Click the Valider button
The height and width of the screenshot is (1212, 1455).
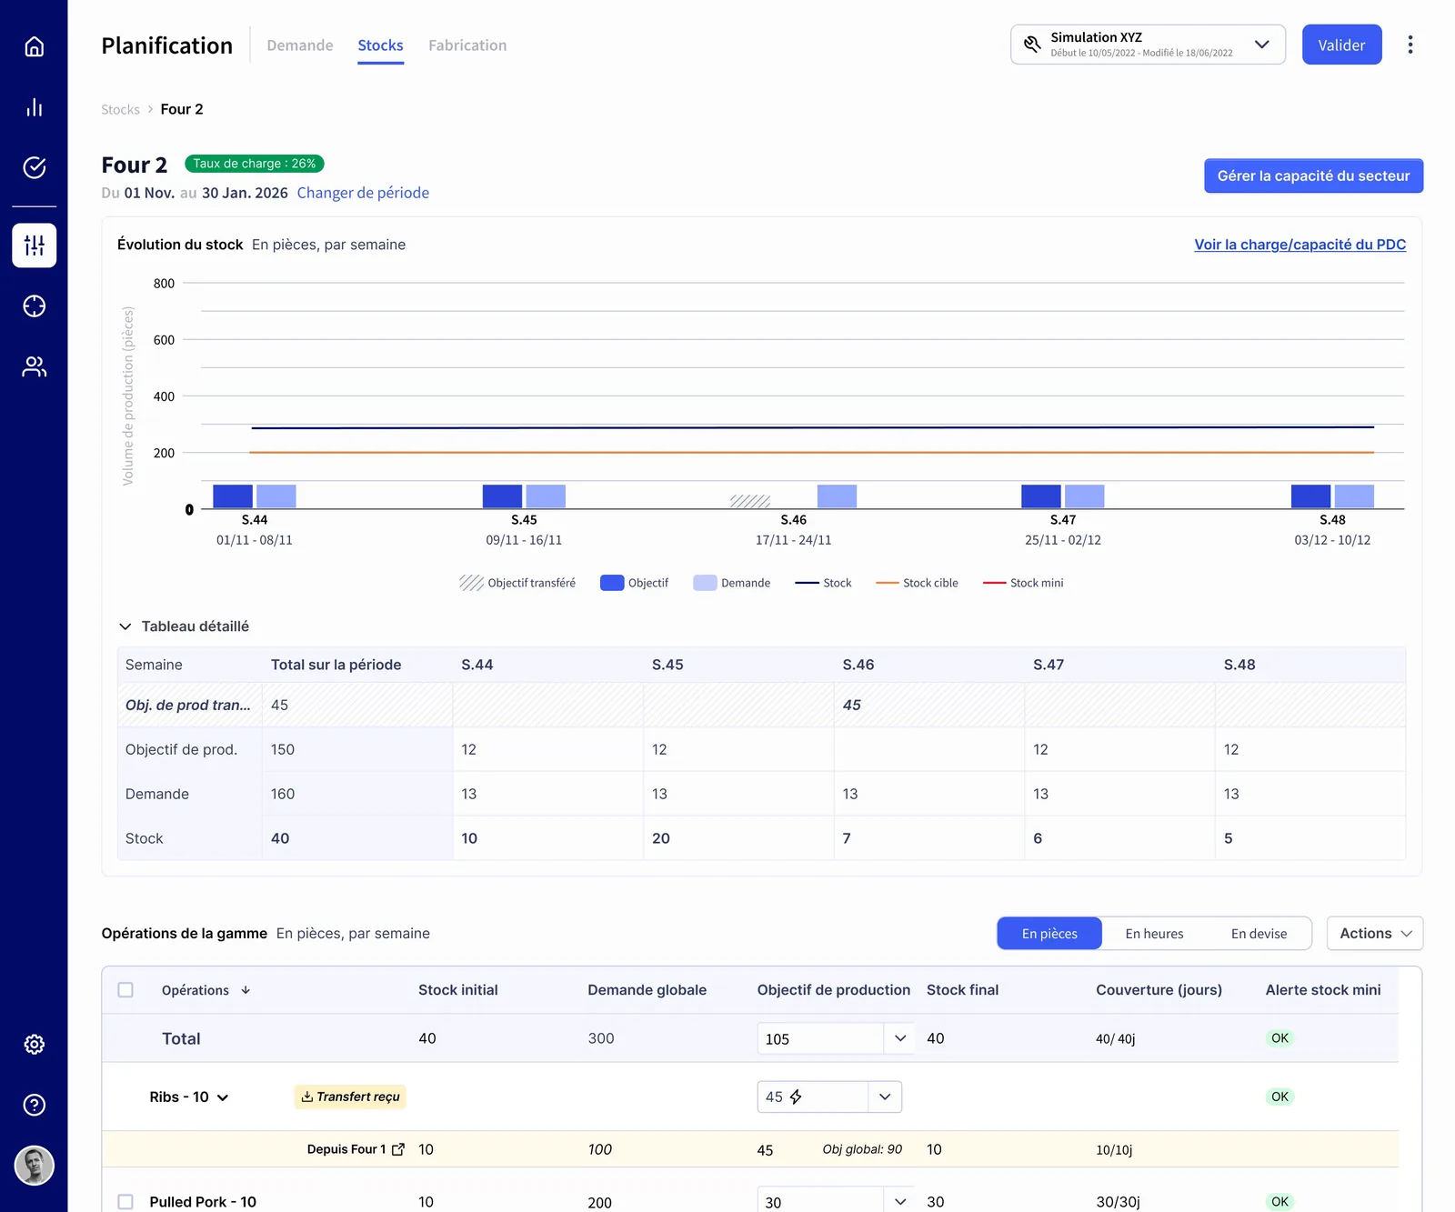(x=1341, y=45)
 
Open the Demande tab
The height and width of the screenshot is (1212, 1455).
(x=300, y=45)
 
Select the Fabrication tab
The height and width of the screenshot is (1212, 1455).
(x=467, y=45)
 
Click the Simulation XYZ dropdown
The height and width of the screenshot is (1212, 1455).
(x=1148, y=45)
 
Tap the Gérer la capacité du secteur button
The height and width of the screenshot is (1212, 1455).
(x=1313, y=175)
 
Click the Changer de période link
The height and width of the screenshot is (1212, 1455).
(x=363, y=193)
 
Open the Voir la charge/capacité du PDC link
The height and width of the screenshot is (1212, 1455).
(x=1299, y=245)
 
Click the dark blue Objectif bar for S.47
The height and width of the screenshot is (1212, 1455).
(x=1041, y=496)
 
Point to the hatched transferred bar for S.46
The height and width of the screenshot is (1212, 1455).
(x=750, y=502)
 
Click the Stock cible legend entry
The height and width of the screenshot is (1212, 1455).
(x=917, y=583)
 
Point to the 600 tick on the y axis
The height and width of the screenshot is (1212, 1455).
(x=164, y=340)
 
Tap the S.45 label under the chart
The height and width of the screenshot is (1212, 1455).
(x=524, y=520)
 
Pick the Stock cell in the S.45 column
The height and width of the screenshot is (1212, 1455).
(x=738, y=838)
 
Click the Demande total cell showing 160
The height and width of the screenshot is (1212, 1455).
(x=357, y=794)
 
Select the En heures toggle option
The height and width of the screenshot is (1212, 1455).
(x=1154, y=934)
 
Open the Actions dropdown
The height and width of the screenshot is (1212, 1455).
(x=1374, y=934)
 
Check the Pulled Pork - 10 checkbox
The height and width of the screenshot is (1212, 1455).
(x=125, y=1202)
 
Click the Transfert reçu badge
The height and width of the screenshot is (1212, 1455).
(x=350, y=1097)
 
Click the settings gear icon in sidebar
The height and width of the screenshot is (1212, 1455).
(x=35, y=1044)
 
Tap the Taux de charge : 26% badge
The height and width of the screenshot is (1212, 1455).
(x=255, y=164)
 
